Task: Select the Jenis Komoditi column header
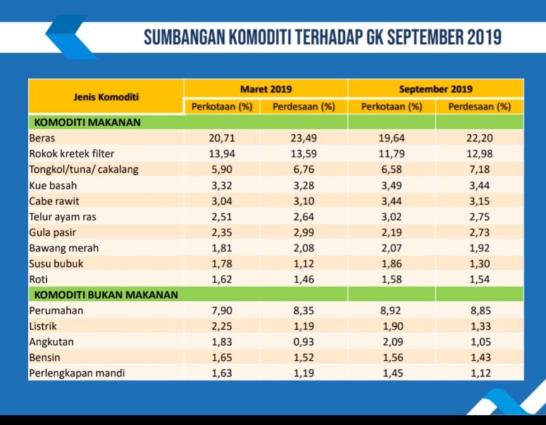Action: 106,97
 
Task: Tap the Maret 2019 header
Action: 266,89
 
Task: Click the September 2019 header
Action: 435,89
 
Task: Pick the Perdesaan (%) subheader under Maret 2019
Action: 304,106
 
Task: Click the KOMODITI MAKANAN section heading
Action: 87,122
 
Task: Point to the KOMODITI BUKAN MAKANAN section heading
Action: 106,295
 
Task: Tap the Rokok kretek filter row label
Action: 71,153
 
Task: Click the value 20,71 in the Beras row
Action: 221,137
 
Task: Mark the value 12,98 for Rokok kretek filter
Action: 479,153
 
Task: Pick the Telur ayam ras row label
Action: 63,216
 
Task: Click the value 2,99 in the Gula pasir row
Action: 304,232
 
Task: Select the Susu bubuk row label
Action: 56,263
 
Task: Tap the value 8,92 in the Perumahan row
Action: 392,310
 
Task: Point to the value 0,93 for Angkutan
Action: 304,342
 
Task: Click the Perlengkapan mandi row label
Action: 77,373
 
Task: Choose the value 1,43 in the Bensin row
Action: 479,357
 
